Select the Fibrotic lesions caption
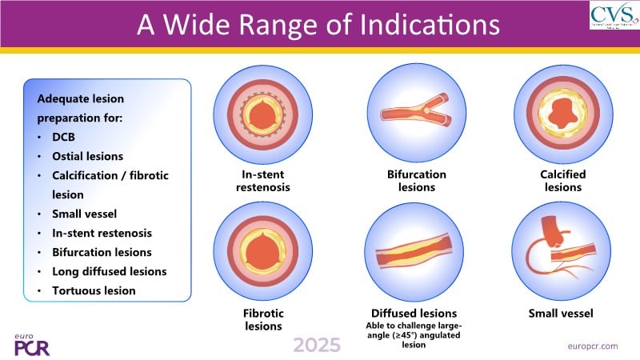pos(262,319)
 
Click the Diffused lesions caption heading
pos(414,313)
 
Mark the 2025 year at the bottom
pos(317,345)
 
